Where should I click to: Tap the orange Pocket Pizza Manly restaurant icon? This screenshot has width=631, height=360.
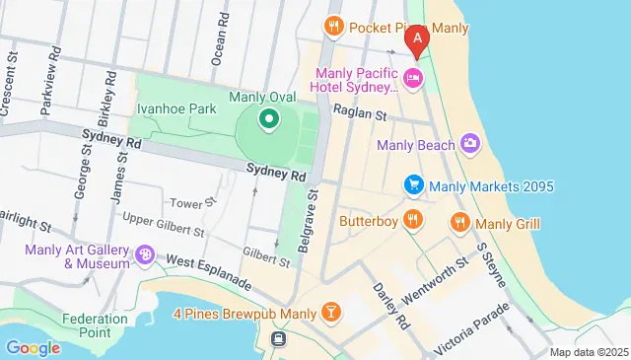point(334,26)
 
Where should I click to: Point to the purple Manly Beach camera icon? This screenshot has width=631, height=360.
point(470,145)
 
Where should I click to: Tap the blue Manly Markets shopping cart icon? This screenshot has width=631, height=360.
point(414,185)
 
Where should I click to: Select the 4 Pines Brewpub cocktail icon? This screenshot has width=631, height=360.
point(332,314)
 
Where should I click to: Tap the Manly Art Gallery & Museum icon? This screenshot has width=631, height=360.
point(146,255)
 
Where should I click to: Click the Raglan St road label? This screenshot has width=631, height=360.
point(359,114)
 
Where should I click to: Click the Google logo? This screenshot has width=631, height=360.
point(33,347)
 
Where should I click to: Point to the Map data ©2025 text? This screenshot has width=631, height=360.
point(588,352)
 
